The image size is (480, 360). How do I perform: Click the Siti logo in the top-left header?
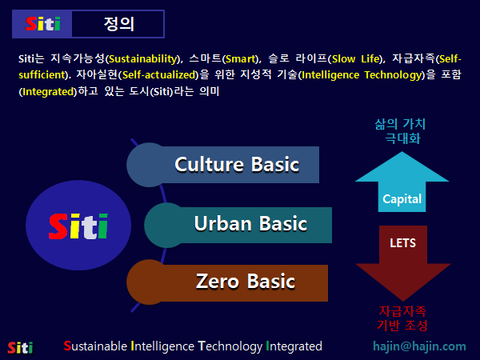[42, 24]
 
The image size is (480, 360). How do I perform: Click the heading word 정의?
[118, 24]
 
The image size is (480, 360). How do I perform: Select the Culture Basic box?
[237, 165]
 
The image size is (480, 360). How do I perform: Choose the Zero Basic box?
[245, 282]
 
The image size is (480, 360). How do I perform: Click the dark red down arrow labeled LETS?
[402, 260]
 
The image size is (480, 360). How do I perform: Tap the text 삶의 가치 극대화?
[400, 130]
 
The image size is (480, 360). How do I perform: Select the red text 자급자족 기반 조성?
[402, 318]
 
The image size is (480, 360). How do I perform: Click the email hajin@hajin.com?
[419, 346]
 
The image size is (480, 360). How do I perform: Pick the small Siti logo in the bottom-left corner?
[20, 347]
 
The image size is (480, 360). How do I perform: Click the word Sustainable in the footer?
[95, 346]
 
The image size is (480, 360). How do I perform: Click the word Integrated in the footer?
[294, 346]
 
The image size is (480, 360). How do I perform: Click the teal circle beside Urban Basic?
[166, 225]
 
